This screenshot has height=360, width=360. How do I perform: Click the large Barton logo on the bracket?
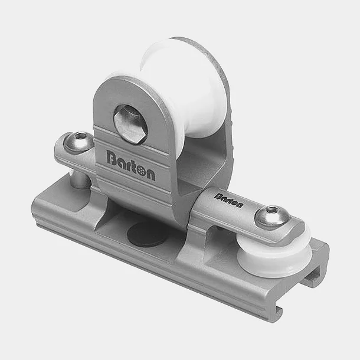[x=130, y=165]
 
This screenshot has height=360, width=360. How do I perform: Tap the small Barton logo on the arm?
[x=228, y=200]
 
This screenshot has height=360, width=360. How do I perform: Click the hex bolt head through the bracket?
[x=129, y=124]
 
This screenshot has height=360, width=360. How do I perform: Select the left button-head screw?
[x=78, y=142]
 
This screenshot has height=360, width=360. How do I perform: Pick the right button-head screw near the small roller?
[x=272, y=215]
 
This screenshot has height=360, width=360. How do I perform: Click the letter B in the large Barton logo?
[x=112, y=158]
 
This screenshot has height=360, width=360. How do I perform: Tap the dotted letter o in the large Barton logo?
[x=140, y=169]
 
